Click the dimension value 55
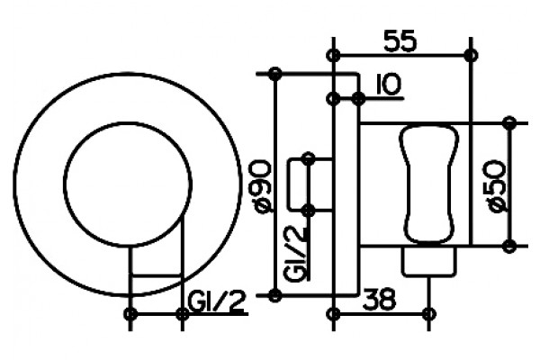point(400,41)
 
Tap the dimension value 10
point(389,85)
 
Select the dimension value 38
point(380,300)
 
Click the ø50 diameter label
point(495,186)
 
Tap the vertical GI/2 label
point(295,254)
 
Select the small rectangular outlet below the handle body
point(428,261)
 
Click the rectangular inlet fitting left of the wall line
point(310,184)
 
